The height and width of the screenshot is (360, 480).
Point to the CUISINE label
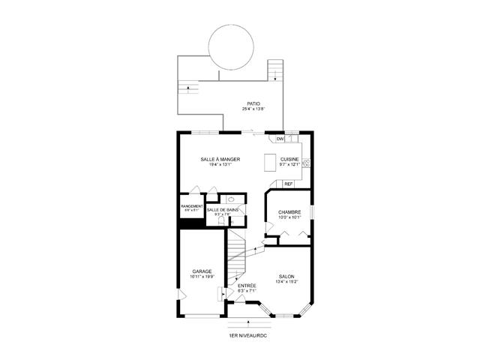(x=289, y=159)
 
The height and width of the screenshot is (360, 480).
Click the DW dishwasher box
(x=280, y=139)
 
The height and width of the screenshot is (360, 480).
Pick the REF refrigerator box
(x=288, y=184)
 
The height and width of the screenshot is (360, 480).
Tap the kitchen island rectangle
(x=271, y=164)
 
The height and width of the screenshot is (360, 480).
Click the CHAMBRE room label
(x=289, y=212)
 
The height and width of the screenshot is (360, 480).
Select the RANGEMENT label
(x=192, y=205)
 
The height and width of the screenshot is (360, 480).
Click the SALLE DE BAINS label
(x=223, y=209)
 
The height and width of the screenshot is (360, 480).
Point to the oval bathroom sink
(x=232, y=201)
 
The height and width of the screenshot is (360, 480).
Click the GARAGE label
(x=202, y=271)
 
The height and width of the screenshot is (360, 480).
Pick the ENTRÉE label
(x=247, y=286)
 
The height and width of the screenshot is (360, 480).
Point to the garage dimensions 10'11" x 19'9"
(x=202, y=277)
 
